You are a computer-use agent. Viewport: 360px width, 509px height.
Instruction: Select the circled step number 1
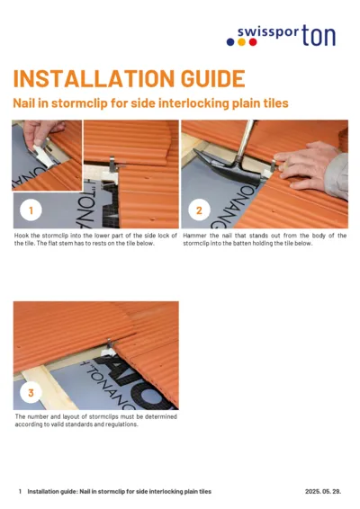coord(31,211)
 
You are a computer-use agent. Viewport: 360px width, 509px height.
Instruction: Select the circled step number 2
coord(199,211)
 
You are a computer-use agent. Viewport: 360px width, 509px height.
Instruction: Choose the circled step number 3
coord(31,393)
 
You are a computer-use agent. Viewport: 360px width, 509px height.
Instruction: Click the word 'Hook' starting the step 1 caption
coord(22,236)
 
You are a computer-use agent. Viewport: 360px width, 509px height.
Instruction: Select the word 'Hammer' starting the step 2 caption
coord(194,236)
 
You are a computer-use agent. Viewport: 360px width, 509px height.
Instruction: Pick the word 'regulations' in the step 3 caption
coord(118,424)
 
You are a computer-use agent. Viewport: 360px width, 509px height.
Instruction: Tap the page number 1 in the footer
coord(20,492)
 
